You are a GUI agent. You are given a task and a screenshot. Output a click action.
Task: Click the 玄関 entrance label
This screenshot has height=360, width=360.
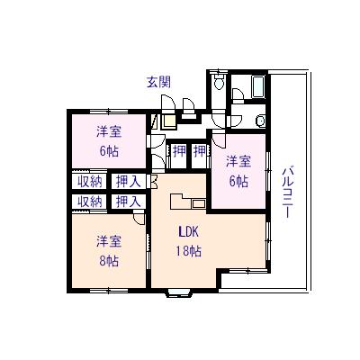(158, 82)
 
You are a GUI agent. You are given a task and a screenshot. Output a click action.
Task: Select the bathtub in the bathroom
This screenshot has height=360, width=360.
(257, 87)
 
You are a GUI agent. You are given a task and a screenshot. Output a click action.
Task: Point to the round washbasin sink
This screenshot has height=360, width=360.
(260, 121)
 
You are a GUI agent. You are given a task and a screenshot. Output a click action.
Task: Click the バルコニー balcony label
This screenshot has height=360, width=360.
(288, 192)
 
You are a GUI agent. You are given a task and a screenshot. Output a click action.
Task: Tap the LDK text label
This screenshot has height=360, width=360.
(189, 231)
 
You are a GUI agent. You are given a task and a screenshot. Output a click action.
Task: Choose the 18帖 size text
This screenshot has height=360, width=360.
(189, 251)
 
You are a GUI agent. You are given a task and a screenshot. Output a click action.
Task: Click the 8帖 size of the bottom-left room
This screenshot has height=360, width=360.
(109, 261)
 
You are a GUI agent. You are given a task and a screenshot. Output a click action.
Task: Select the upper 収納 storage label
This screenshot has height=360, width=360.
(90, 182)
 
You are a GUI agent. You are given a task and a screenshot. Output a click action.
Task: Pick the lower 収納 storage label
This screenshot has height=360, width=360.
(90, 202)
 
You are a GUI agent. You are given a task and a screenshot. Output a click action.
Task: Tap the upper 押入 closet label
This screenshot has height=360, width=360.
(129, 182)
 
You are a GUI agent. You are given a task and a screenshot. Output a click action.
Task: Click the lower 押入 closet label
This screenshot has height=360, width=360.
(129, 202)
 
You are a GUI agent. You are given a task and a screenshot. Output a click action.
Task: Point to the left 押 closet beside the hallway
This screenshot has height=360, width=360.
(179, 151)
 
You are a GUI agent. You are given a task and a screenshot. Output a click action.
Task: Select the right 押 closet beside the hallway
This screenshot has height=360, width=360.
(200, 151)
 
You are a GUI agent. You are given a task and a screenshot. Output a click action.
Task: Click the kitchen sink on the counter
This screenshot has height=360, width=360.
(198, 204)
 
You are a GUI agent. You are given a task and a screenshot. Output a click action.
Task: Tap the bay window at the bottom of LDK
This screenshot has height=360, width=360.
(178, 292)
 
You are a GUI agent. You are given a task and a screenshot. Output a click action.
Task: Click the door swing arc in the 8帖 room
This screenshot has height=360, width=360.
(139, 219)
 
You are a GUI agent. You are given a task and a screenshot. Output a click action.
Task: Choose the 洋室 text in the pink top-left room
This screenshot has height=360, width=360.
(109, 131)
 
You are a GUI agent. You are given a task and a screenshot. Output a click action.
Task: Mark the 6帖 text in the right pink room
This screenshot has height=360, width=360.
(238, 181)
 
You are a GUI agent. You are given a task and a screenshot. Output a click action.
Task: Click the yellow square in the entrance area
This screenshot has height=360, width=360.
(169, 121)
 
